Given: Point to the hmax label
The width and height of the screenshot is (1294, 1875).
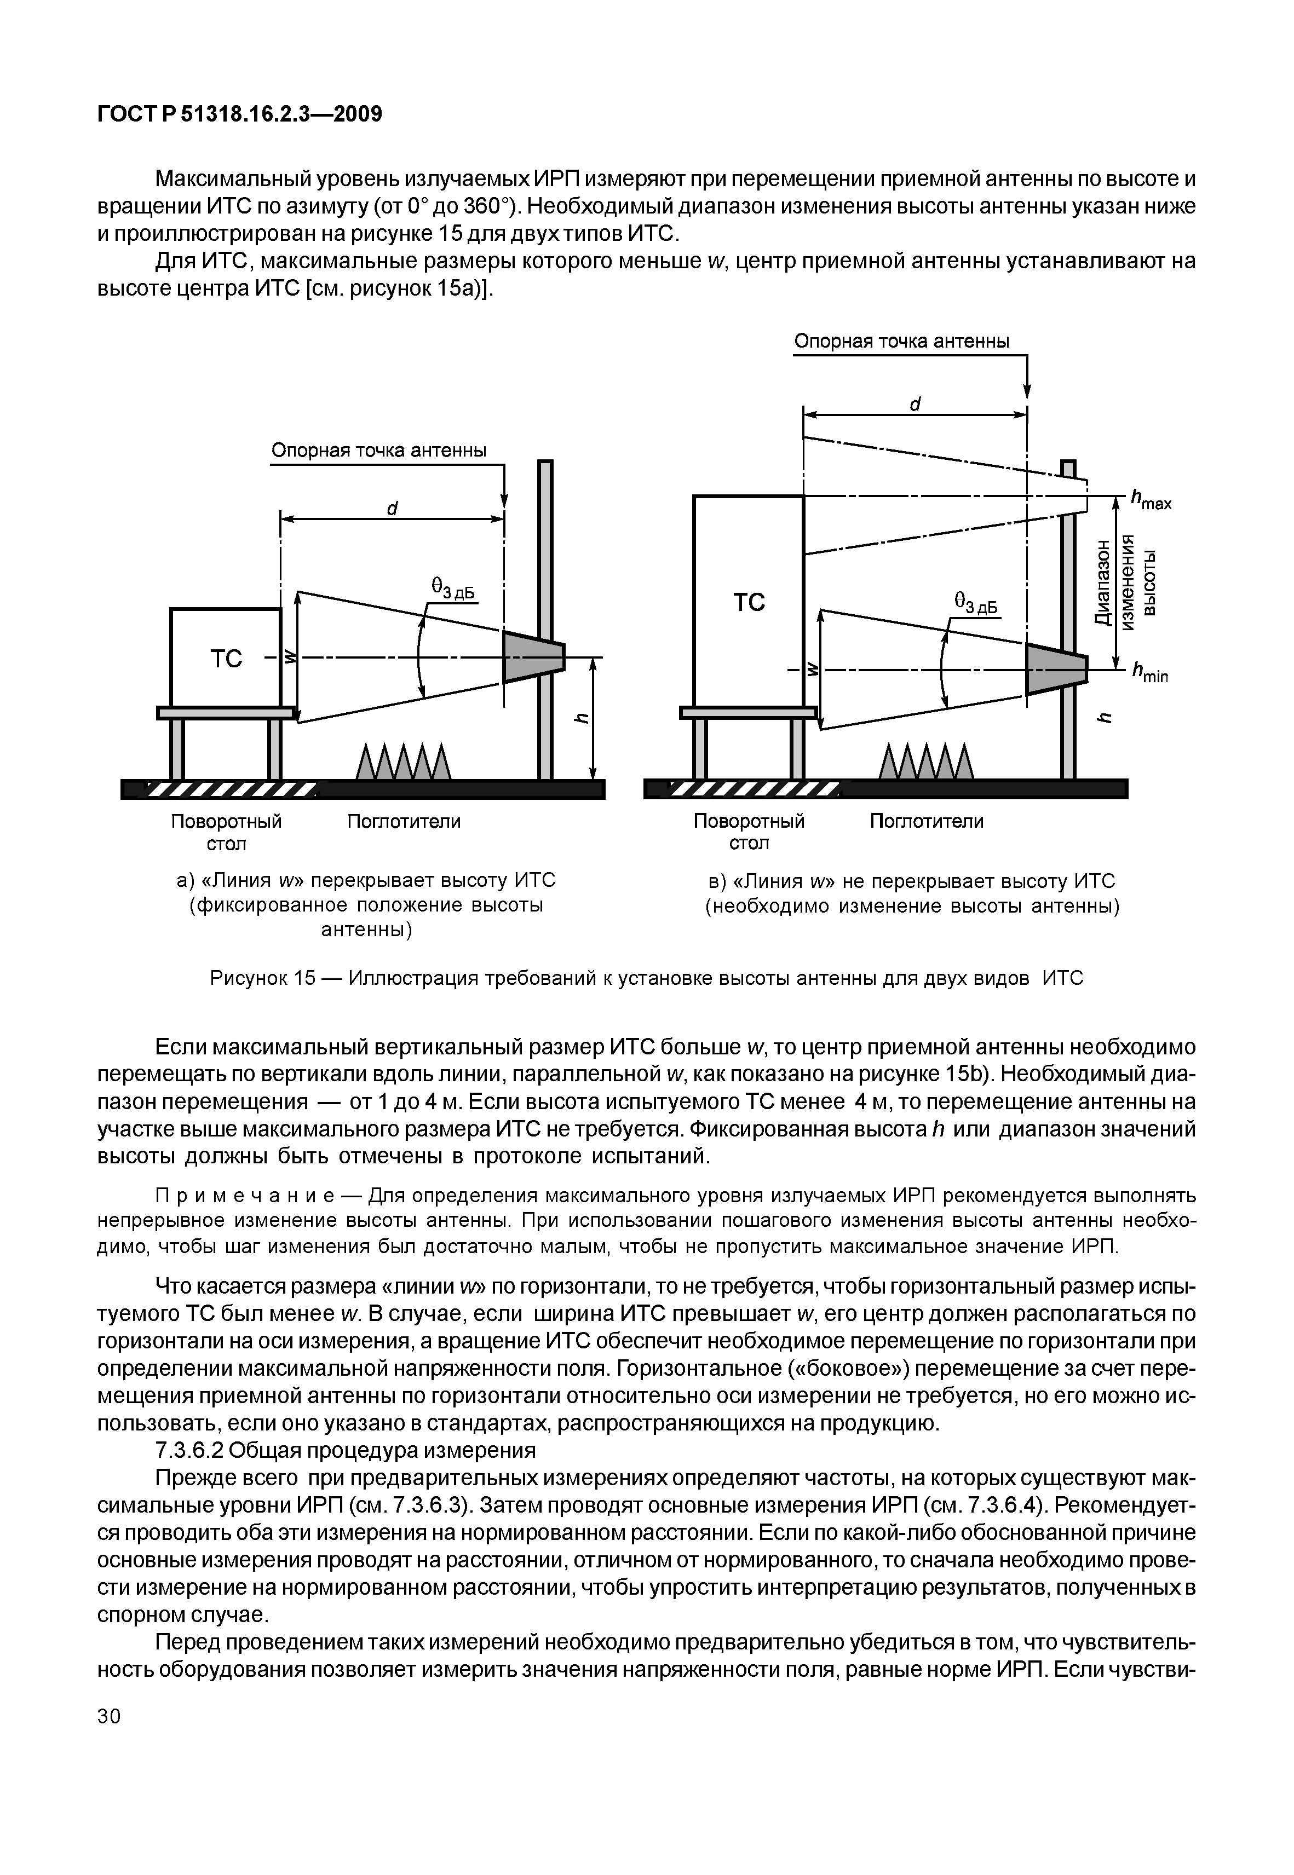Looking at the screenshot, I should pyautogui.click(x=1151, y=500).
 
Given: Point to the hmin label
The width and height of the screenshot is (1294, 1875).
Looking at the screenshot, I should pyautogui.click(x=1149, y=673).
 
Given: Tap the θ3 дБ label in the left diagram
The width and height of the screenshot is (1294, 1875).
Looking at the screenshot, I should pyautogui.click(x=452, y=589).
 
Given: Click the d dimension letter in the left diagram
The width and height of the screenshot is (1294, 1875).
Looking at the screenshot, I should pyautogui.click(x=392, y=508).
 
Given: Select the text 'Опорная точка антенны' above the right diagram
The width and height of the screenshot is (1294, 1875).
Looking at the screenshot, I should pyautogui.click(x=901, y=341).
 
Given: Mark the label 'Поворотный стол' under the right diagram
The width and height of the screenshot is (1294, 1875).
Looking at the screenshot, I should pyautogui.click(x=749, y=832).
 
